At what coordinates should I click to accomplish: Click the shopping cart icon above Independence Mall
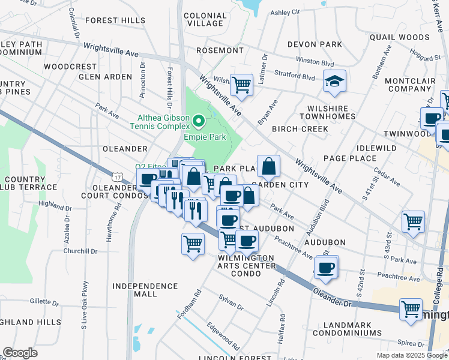[193, 244]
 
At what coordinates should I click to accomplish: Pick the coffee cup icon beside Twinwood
[431, 117]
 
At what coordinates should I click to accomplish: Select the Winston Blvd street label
[315, 62]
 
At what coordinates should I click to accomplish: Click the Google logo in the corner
[20, 353]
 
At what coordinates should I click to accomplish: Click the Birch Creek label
[300, 129]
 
